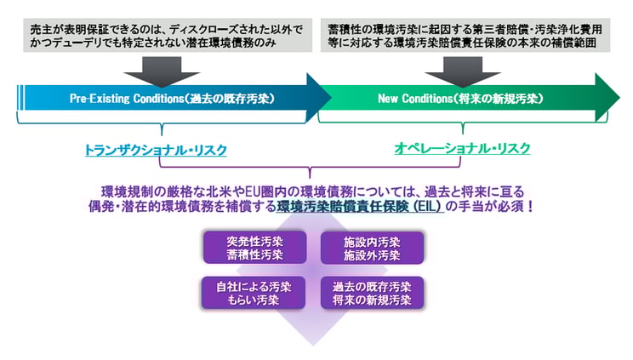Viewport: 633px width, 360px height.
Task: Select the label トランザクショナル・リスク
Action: pos(155,149)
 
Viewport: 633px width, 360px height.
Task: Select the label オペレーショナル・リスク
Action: pos(462,149)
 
